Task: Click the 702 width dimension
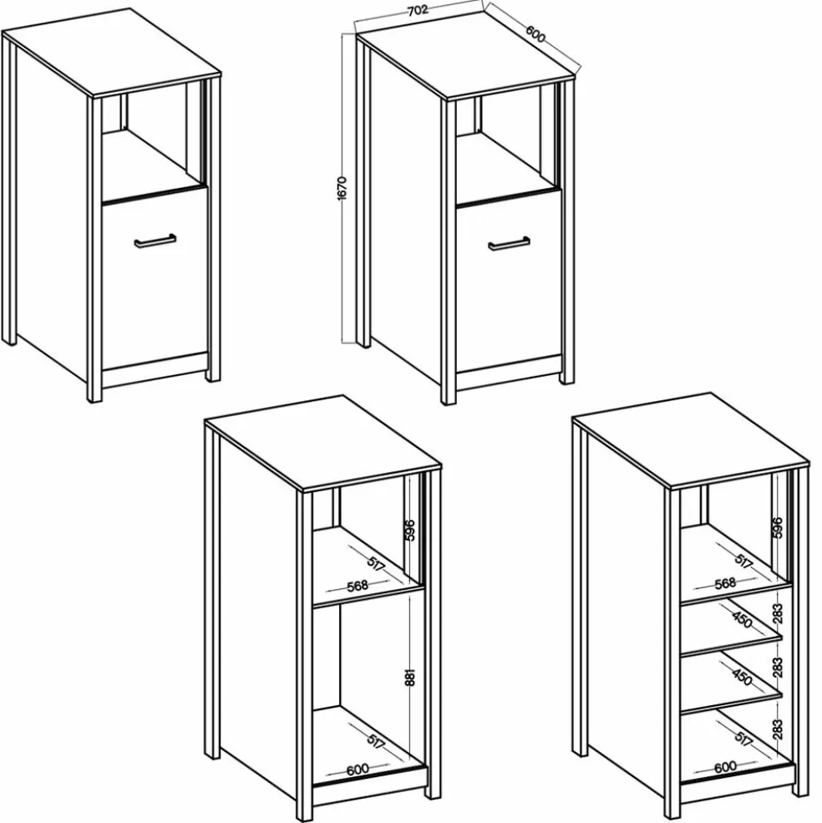pyautogui.click(x=418, y=9)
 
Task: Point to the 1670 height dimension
pyautogui.click(x=342, y=188)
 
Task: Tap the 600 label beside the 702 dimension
pyautogui.click(x=535, y=33)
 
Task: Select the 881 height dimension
pyautogui.click(x=410, y=677)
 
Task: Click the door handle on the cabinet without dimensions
pyautogui.click(x=155, y=241)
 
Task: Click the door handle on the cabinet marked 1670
pyautogui.click(x=509, y=243)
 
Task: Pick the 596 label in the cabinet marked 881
pyautogui.click(x=410, y=530)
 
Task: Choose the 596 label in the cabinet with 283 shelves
pyautogui.click(x=778, y=528)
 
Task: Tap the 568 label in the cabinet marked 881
pyautogui.click(x=358, y=586)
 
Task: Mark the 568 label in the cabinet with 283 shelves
pyautogui.click(x=725, y=584)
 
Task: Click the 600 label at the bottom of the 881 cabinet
pyautogui.click(x=358, y=770)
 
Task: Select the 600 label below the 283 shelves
pyautogui.click(x=725, y=767)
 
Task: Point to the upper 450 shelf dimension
pyautogui.click(x=742, y=620)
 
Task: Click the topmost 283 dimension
pyautogui.click(x=778, y=613)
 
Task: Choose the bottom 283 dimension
pyautogui.click(x=778, y=729)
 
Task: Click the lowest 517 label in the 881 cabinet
pyautogui.click(x=376, y=741)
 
